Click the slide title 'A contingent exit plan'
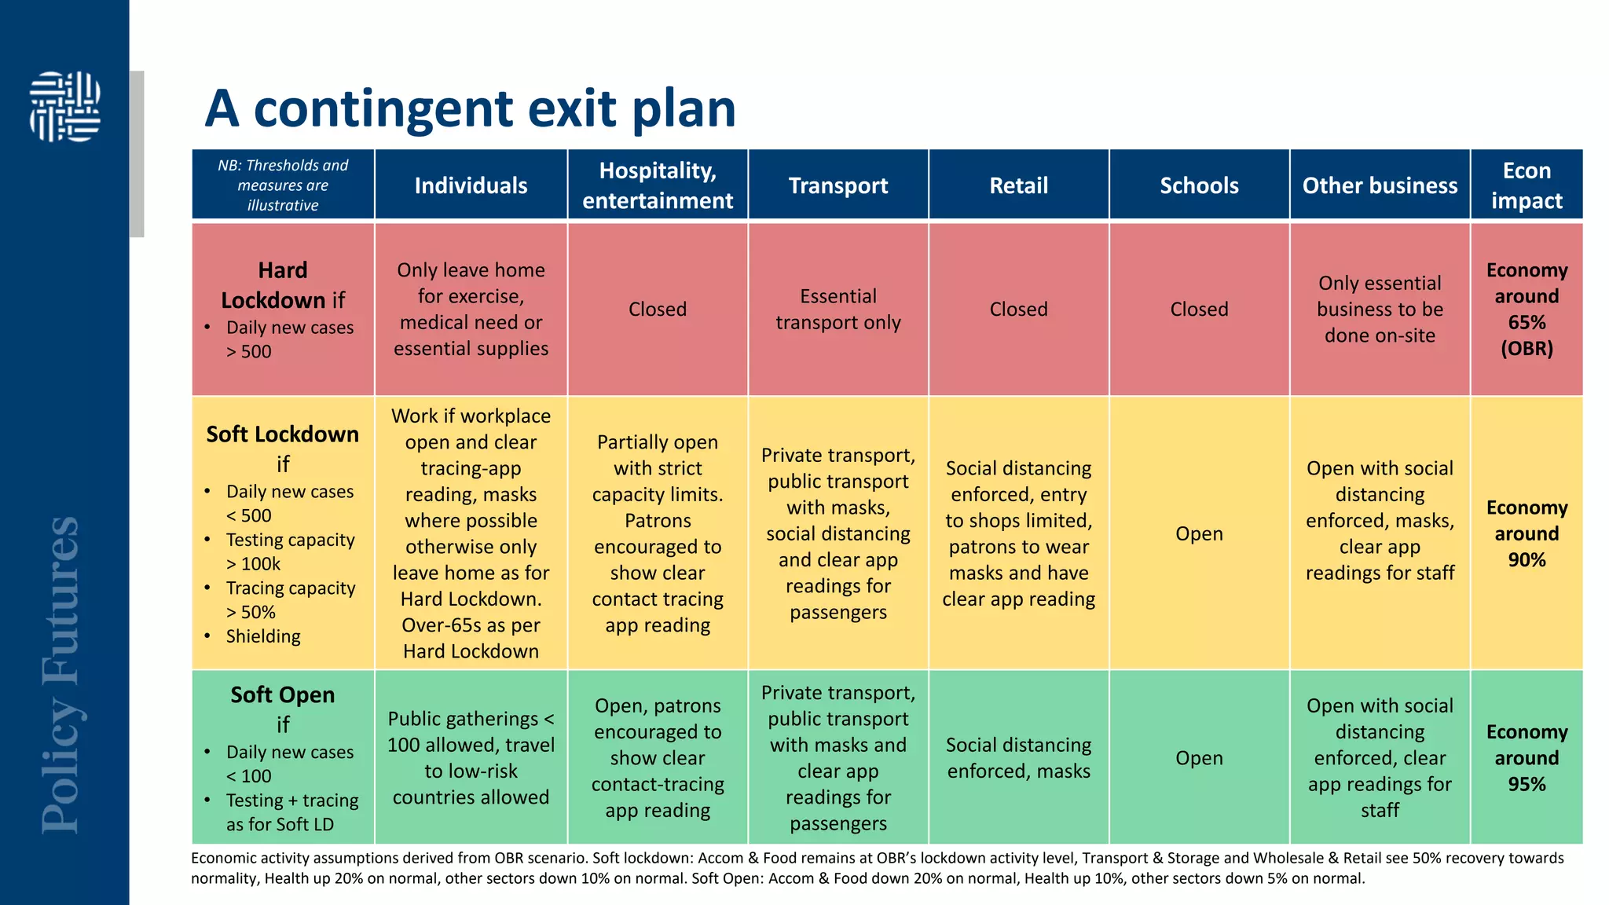[x=470, y=108]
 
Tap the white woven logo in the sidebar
[x=65, y=107]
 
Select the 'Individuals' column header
[x=471, y=185]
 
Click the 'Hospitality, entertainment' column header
[x=658, y=185]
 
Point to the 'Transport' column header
[x=837, y=185]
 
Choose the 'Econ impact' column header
[x=1526, y=185]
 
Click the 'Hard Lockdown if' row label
[x=283, y=285]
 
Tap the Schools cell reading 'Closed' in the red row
[x=1199, y=310]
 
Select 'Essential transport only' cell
[x=837, y=310]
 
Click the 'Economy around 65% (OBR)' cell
[x=1526, y=310]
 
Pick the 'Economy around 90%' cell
[x=1526, y=533]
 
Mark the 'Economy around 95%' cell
[x=1526, y=758]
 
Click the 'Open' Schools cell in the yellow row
[x=1199, y=533]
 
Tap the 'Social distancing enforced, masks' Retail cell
[x=1018, y=758]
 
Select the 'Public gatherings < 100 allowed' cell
[x=471, y=758]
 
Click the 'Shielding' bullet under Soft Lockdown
[x=263, y=636]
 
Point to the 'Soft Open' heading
[x=283, y=695]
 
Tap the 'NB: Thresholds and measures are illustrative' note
[x=283, y=185]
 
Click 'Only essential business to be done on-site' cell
[x=1380, y=310]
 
